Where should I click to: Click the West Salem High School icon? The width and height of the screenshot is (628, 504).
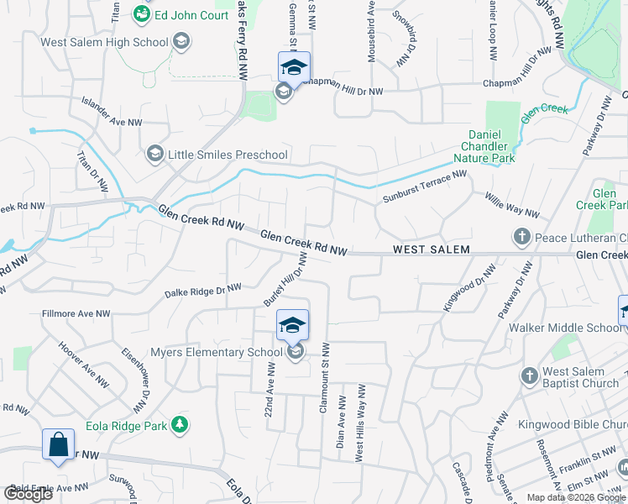coord(181,41)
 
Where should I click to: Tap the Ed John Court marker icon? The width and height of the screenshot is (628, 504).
coord(142,14)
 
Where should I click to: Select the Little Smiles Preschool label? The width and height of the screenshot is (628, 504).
coord(228,155)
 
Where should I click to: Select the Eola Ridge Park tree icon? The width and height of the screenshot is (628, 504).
coord(179,425)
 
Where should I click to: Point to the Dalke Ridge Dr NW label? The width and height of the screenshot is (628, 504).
coord(204,290)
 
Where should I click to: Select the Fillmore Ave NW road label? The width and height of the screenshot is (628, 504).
coord(76,314)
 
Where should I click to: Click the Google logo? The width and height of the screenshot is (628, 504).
coord(28,494)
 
